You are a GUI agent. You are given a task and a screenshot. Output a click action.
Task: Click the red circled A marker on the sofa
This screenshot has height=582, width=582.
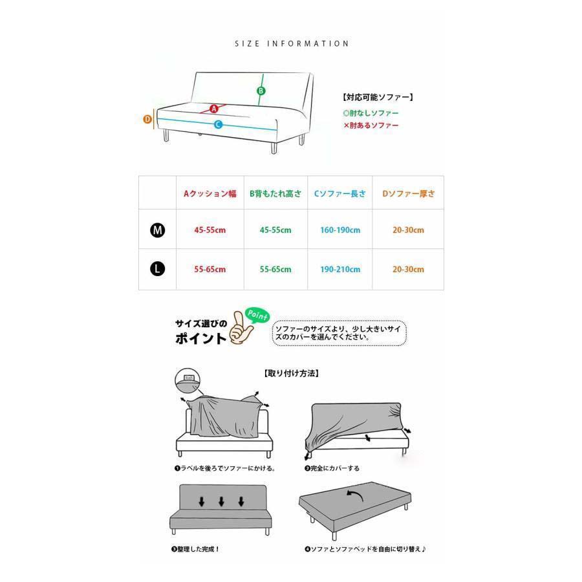214,109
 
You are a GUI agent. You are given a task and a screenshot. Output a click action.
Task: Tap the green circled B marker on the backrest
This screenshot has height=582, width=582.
261,91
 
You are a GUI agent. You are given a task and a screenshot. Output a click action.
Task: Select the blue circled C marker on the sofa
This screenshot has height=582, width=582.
219,125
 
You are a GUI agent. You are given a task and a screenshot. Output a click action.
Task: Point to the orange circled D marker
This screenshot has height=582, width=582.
147,119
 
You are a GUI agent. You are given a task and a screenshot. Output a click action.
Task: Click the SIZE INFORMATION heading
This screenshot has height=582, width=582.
292,44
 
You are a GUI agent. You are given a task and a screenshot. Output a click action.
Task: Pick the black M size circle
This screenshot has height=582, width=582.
157,230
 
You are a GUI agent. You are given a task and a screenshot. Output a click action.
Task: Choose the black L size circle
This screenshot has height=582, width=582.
157,269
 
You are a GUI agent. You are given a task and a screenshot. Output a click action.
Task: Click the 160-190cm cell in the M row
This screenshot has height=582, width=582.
340,230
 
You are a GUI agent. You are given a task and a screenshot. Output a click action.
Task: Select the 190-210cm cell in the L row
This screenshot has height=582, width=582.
340,270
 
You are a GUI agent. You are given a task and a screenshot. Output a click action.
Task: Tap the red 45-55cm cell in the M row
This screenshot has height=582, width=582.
210,230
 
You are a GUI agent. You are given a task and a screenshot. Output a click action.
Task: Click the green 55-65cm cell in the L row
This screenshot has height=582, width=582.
275,270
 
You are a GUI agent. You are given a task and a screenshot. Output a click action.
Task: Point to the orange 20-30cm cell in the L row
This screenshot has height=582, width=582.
408,270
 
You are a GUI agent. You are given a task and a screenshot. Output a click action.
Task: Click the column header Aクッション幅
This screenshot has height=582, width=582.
210,194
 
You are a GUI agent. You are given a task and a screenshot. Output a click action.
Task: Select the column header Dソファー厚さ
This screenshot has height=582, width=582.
408,194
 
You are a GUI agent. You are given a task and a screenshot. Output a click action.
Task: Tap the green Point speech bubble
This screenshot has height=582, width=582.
257,316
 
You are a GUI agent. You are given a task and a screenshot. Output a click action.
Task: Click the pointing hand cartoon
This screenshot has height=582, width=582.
241,327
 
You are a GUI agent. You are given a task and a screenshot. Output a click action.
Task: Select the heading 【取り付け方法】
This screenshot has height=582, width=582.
292,373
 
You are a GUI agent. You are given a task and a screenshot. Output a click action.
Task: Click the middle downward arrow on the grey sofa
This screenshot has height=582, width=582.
222,502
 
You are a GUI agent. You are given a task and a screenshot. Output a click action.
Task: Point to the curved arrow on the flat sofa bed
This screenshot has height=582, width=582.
354,495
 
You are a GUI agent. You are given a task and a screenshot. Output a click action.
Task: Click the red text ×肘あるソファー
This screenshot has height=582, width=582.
371,125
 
